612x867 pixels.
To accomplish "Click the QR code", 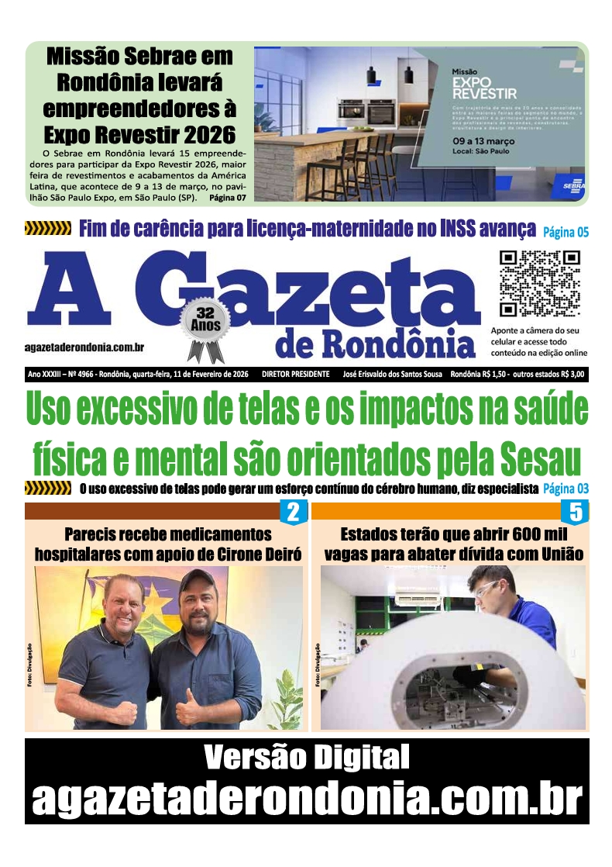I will click(539, 282).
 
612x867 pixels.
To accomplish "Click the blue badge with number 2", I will click(293, 513).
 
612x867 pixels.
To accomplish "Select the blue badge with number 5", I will click(575, 513).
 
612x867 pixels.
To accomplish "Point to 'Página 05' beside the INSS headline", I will click(566, 231).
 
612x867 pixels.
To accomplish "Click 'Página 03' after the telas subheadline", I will click(566, 489).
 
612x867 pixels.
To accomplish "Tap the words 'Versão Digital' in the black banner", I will click(306, 757).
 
